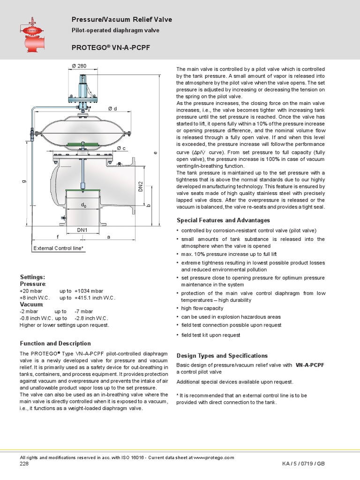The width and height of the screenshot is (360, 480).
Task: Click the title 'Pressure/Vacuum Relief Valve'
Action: pyautogui.click(x=121, y=20)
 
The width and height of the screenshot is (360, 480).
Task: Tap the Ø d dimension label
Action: pyautogui.click(x=112, y=109)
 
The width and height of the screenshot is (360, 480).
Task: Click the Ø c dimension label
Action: pyautogui.click(x=121, y=149)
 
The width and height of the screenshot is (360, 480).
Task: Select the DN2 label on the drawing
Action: pyautogui.click(x=140, y=187)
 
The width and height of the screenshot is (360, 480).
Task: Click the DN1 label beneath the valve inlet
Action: pyautogui.click(x=83, y=230)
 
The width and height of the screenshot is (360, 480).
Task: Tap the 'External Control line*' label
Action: pyautogui.click(x=59, y=248)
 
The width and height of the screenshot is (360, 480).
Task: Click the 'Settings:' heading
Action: pyautogui.click(x=32, y=277)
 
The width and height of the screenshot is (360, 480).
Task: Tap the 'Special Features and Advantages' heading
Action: pyautogui.click(x=223, y=220)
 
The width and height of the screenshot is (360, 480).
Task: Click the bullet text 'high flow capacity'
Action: pyautogui.click(x=202, y=308)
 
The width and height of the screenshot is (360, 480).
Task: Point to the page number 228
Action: pyautogui.click(x=24, y=464)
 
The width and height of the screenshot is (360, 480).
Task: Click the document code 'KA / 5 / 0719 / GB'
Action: pyautogui.click(x=303, y=464)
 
